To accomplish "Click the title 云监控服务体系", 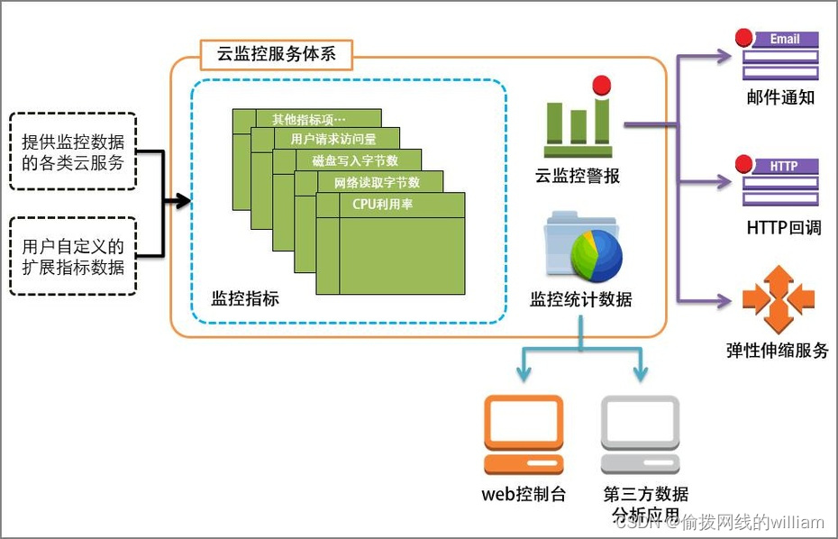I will pos(276,54).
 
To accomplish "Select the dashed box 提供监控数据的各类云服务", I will pos(73,151).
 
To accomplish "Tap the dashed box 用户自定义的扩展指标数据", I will pos(73,256).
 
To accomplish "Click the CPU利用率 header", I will pos(389,204).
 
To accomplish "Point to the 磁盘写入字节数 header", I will pos(354,160).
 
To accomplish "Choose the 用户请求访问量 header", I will pos(332,139).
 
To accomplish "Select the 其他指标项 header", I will pos(308,119).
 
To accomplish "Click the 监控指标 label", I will pos(245,298).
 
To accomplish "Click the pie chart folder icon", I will pos(583,246).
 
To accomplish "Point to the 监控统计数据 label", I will pos(581,299).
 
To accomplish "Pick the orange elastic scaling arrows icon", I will pos(778,298).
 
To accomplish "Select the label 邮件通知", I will pos(780,97).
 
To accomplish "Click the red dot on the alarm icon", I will pos(601,86).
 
